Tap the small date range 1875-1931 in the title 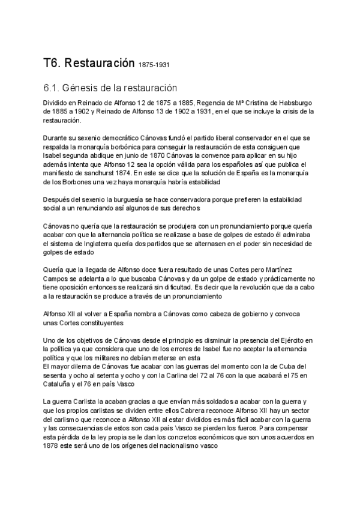[x=155, y=65]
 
